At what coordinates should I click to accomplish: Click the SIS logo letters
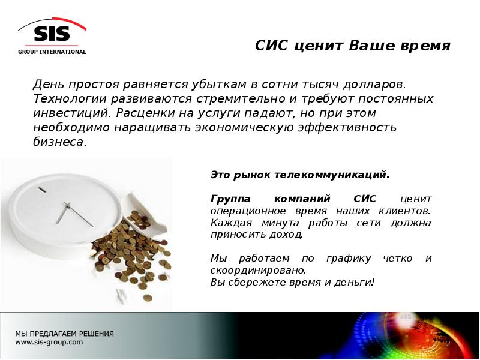click(x=52, y=34)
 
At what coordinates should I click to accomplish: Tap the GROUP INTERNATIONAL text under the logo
click(x=52, y=52)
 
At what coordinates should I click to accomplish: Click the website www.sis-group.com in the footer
click(x=49, y=343)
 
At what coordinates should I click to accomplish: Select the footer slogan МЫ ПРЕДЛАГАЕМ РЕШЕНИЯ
click(x=64, y=334)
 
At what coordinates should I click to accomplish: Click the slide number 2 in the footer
click(x=447, y=343)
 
